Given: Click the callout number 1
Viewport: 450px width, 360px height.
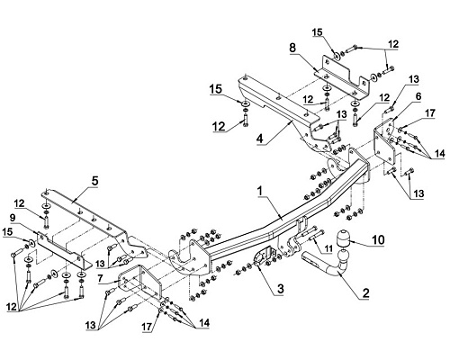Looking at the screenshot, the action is (260, 192).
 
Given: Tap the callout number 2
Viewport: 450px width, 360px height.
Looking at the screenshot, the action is (365, 293).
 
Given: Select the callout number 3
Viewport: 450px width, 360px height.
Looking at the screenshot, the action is (280, 289).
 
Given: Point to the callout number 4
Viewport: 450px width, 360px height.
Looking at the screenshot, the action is (260, 139).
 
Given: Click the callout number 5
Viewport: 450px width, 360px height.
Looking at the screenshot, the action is (94, 182).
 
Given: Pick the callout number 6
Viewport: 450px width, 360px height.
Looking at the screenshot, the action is (418, 96).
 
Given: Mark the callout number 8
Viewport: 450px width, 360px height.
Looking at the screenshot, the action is (292, 47).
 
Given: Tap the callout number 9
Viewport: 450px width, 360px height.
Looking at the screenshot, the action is (13, 218).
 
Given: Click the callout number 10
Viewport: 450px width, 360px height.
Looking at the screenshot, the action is (378, 240).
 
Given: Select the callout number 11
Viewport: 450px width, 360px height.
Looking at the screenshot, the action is (328, 248).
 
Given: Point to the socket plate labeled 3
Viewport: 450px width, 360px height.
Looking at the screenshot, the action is (265, 256).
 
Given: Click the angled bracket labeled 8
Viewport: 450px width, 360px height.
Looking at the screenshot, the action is (345, 76).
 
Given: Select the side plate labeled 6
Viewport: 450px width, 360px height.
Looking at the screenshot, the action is (385, 141).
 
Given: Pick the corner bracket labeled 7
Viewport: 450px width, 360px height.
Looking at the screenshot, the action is (140, 282).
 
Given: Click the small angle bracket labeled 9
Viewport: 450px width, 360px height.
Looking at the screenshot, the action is (64, 251).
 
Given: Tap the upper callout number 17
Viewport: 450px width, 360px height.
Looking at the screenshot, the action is (430, 113).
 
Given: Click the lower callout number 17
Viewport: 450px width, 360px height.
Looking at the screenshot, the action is (148, 327).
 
